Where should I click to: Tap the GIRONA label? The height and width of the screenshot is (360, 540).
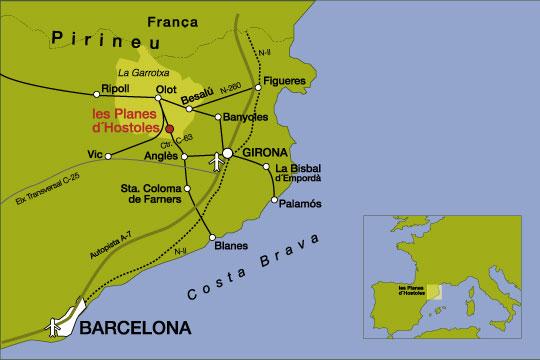click(x=263, y=153)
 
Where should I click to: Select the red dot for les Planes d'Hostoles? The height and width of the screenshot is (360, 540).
click(x=169, y=129)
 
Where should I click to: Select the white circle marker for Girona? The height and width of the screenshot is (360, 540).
click(x=228, y=153)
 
